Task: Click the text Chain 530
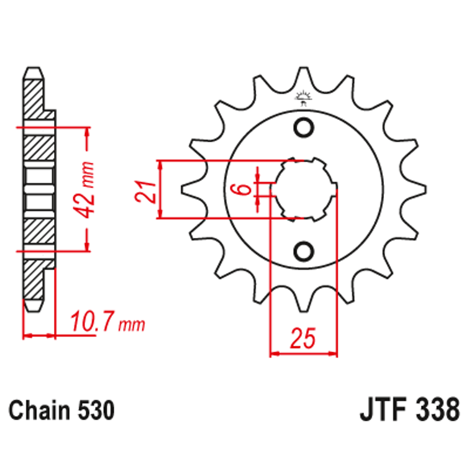click(x=61, y=411)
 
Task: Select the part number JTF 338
click(x=409, y=411)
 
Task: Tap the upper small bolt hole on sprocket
click(x=304, y=127)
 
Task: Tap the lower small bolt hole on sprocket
click(x=304, y=252)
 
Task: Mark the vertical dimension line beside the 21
click(x=160, y=189)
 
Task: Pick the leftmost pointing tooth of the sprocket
click(x=184, y=189)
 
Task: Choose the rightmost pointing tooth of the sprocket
click(x=424, y=189)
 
